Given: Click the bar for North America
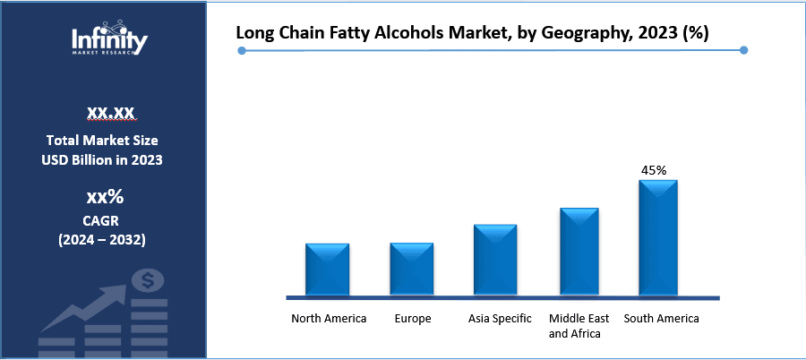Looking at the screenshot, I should click(x=327, y=269).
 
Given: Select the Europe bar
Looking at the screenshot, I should click(x=412, y=269).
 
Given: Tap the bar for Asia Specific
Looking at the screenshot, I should click(x=495, y=259).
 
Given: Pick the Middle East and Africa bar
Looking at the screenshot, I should click(x=579, y=251).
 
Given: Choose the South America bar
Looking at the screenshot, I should click(x=658, y=237).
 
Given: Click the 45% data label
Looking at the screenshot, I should click(x=655, y=169).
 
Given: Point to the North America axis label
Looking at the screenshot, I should click(x=329, y=319).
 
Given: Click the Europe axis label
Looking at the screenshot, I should click(x=412, y=319).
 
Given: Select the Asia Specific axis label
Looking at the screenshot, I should click(x=500, y=319).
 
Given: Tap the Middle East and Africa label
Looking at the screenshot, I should click(x=579, y=326).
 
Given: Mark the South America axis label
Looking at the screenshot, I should click(x=661, y=319).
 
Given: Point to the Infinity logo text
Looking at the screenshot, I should click(x=110, y=39).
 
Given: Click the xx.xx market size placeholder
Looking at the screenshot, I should click(x=110, y=112).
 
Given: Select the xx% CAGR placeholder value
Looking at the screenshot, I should click(x=105, y=197).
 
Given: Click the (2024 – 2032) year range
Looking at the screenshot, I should click(x=102, y=240).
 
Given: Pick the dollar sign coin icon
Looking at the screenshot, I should click(x=148, y=281).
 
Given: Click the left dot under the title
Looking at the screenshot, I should click(x=242, y=51).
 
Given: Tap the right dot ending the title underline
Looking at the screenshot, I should click(x=744, y=51).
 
